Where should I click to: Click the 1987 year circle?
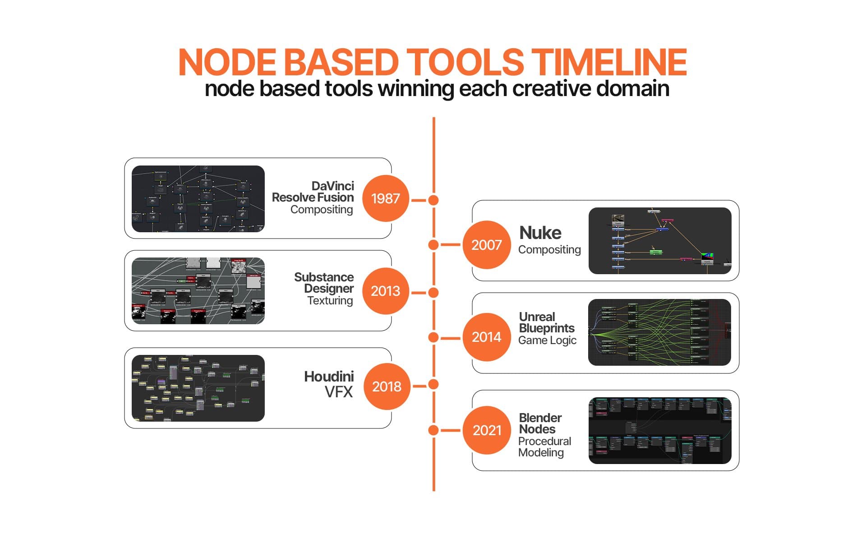[x=386, y=198]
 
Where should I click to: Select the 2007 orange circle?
[x=486, y=245]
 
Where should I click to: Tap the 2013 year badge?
[x=386, y=291]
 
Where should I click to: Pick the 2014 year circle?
[x=486, y=337]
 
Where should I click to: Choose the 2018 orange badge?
[x=387, y=386]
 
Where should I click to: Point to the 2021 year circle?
[x=487, y=430]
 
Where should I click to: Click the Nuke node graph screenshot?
[x=660, y=241]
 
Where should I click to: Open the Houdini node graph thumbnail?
[x=198, y=388]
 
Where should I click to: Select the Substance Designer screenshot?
[x=198, y=291]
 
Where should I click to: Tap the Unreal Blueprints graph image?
[x=659, y=332]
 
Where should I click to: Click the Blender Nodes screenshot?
[x=660, y=431]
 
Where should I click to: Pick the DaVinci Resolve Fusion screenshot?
[x=198, y=199]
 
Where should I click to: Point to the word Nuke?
[x=540, y=233]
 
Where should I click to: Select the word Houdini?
[x=329, y=377]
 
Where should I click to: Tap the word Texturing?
[x=330, y=301]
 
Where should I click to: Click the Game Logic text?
[x=547, y=340]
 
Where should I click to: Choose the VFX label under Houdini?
[x=339, y=392]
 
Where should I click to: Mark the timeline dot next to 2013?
[x=433, y=293]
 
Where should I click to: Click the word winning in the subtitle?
[x=416, y=89]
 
